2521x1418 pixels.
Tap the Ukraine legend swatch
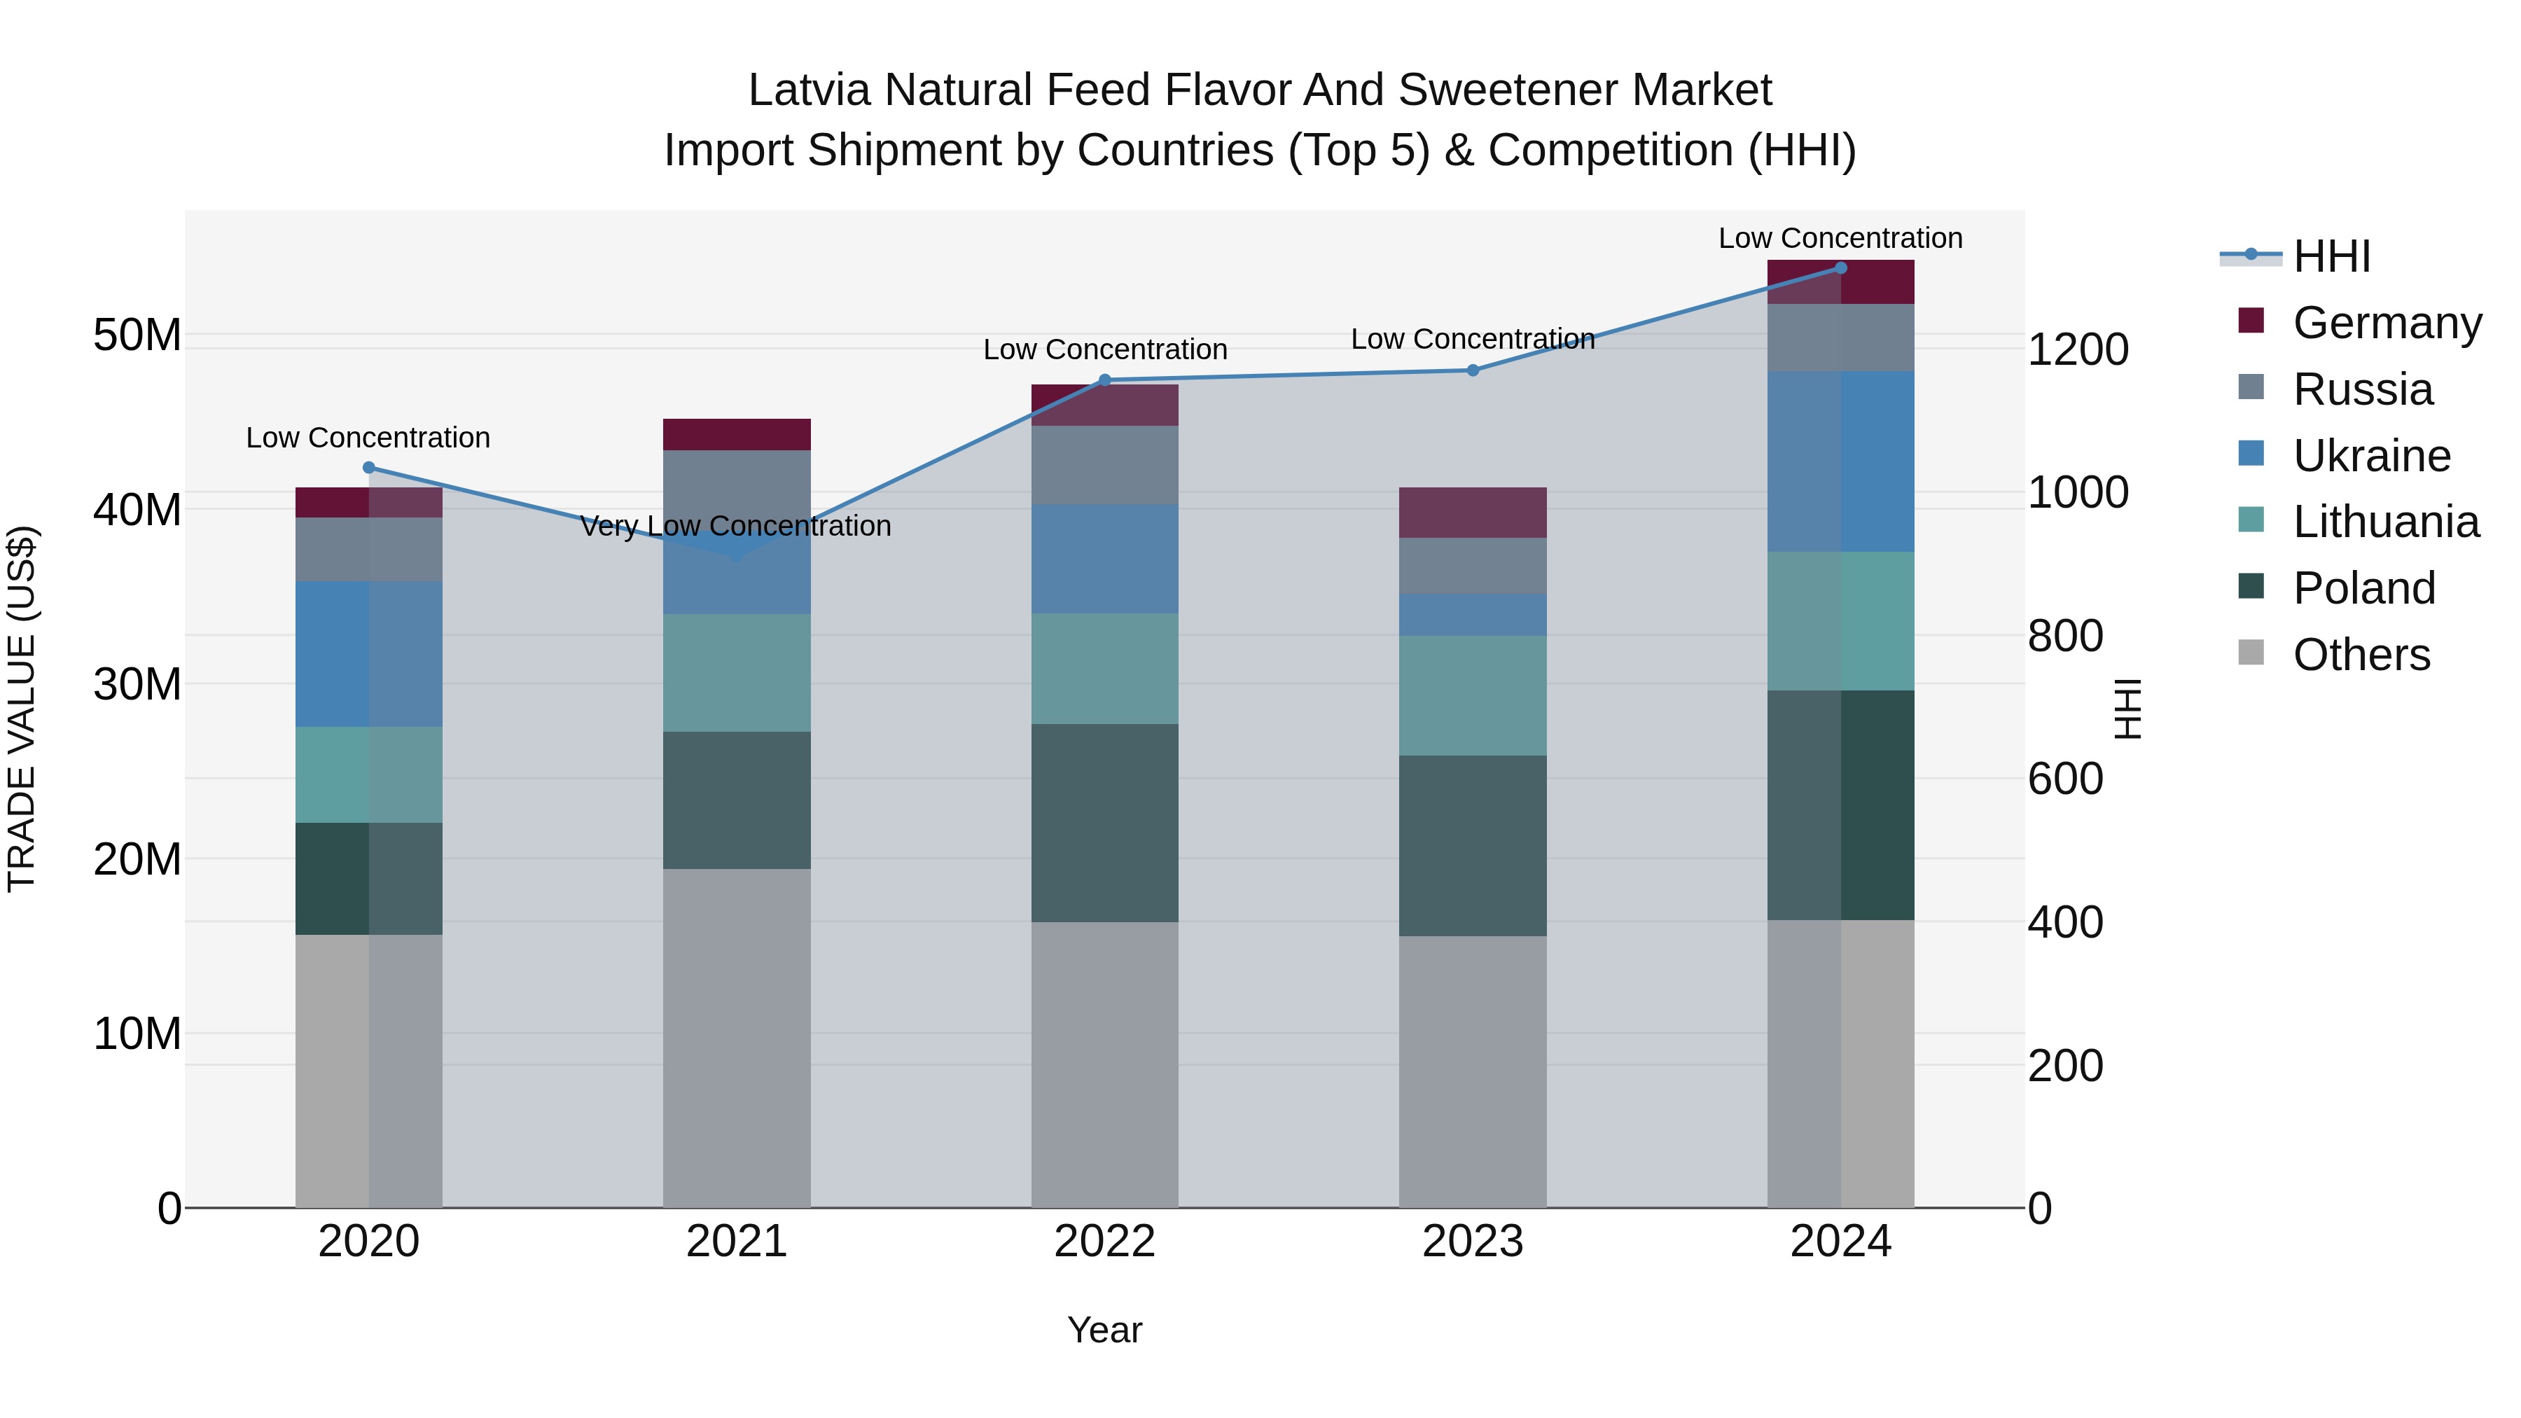pos(2251,453)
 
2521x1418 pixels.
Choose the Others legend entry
pos(2361,655)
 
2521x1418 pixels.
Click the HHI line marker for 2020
pos(369,468)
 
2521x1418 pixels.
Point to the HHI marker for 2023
pos(1473,370)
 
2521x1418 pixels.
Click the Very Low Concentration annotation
pos(736,527)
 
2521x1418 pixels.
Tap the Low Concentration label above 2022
pos(1105,349)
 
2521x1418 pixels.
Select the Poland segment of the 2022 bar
pos(1105,823)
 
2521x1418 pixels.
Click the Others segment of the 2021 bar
pos(737,1037)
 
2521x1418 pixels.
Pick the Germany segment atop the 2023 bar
pos(1473,512)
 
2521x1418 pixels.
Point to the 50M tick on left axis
pos(137,335)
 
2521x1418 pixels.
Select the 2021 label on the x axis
pos(737,1242)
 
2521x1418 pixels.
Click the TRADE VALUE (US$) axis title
pos(22,709)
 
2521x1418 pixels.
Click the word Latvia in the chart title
pos(808,90)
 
